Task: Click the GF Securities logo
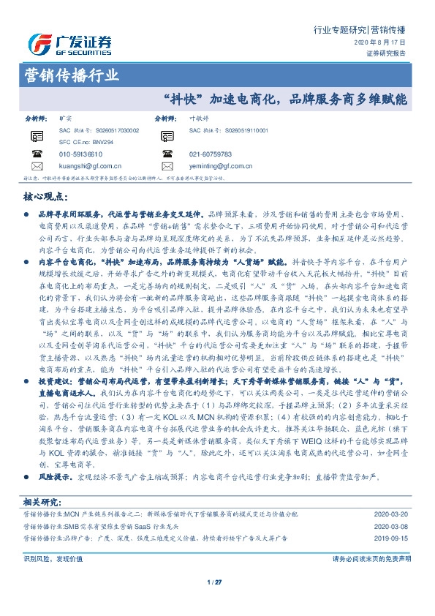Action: (69, 45)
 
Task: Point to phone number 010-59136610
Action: (80, 154)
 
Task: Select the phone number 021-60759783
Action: (210, 154)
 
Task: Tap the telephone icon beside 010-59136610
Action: (37, 154)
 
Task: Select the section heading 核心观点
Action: (45, 198)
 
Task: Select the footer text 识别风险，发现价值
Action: (53, 557)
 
